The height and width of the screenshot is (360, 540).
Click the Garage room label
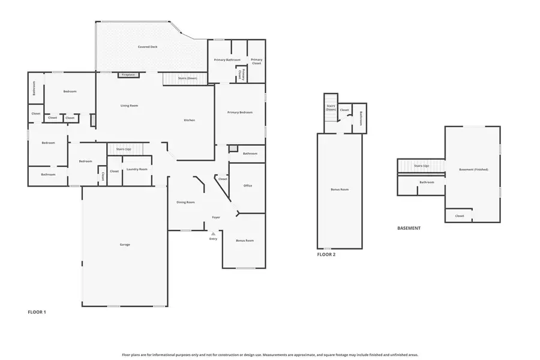pos(125,244)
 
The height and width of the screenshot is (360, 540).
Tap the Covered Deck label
pos(148,46)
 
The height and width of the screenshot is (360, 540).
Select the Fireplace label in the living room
pos(128,75)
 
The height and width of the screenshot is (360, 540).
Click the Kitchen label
pos(189,120)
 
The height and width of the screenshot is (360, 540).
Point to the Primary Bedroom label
pos(239,112)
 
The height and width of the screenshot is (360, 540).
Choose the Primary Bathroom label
pos(227,59)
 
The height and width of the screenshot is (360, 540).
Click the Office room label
pos(247,185)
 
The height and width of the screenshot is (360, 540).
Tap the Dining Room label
pos(185,202)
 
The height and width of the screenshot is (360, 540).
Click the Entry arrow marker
pos(213,233)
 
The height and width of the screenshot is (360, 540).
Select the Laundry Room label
pos(137,169)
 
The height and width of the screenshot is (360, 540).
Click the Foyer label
pos(216,217)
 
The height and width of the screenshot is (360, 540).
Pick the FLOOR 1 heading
pos(37,312)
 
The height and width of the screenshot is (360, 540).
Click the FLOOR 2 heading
pos(326,254)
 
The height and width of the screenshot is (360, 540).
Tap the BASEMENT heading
pos(409,228)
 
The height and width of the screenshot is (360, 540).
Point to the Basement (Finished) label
pos(473,169)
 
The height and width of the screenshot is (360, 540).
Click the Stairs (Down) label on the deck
pos(188,78)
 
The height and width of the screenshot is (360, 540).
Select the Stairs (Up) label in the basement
pos(421,166)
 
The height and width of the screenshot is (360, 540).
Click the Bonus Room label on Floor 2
pos(340,189)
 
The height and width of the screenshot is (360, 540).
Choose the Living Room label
pos(129,106)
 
